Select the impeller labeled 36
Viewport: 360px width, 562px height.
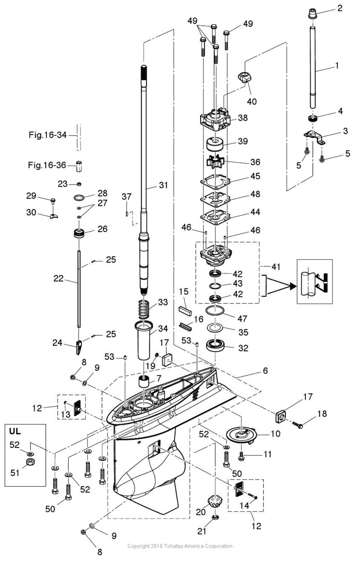coord(215,161)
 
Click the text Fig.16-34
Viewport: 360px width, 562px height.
coord(47,135)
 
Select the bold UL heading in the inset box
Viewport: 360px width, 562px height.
coord(15,431)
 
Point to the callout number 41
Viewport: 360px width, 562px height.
coord(276,267)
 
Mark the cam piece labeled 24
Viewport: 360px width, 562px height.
coord(79,348)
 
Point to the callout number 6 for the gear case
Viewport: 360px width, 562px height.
coord(265,370)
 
